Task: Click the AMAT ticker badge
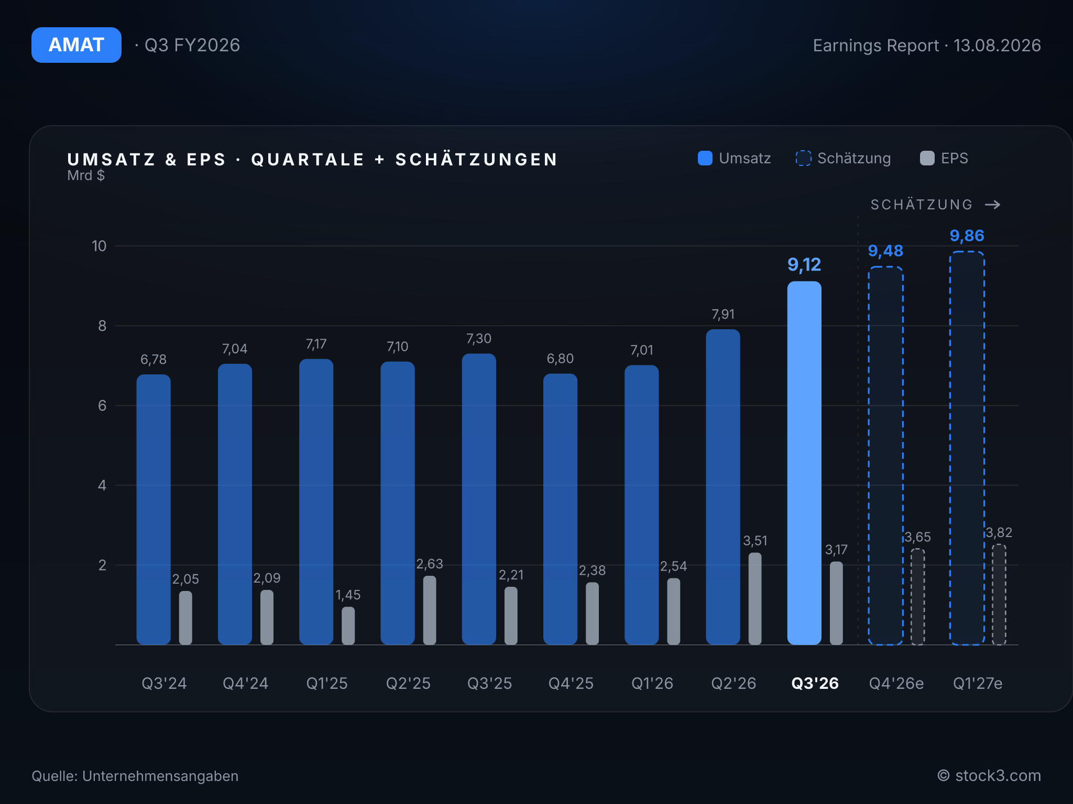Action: pos(76,45)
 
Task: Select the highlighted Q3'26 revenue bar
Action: pos(804,463)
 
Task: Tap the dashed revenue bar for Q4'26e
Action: pos(885,455)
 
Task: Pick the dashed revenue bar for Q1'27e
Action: pos(967,448)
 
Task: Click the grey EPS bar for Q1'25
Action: pos(348,626)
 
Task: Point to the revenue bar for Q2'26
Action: pos(723,487)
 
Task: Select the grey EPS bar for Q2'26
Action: pos(755,599)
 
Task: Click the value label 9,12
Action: pos(804,265)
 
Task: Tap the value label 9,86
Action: pos(967,236)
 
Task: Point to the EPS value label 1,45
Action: pos(348,595)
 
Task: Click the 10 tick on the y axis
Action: pos(99,246)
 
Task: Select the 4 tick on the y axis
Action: pos(102,485)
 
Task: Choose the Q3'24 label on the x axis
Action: pos(164,683)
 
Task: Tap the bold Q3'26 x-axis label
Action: pos(815,683)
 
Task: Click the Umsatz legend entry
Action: pos(735,158)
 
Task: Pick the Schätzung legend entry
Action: pos(843,158)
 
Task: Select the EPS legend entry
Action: pos(944,158)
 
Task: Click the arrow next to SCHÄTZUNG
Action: pos(993,205)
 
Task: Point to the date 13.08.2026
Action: pos(997,46)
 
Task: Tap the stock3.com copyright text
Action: pos(989,776)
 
